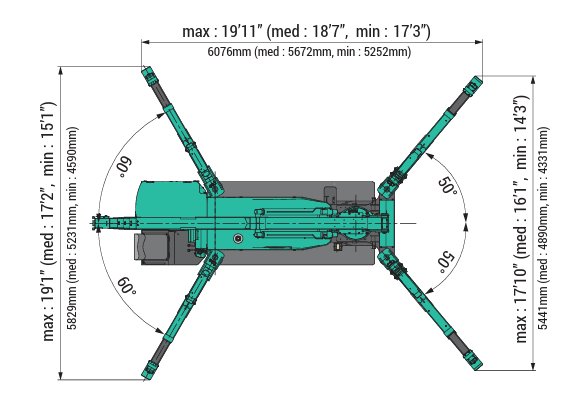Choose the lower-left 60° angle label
(x=124, y=288)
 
